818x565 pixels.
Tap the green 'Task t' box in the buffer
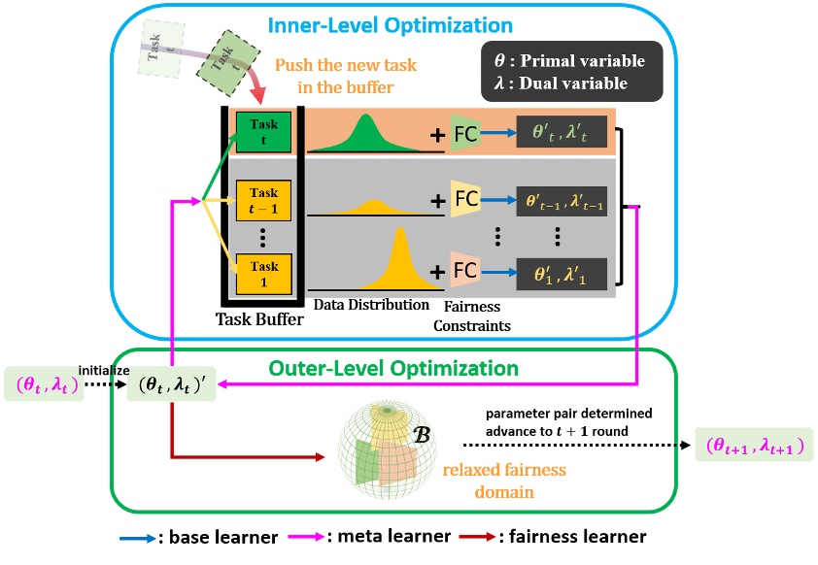pos(263,131)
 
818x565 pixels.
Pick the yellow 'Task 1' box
pos(263,273)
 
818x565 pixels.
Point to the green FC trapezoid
pos(464,134)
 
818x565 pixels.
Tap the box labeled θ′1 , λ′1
pos(562,273)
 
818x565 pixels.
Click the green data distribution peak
pos(367,130)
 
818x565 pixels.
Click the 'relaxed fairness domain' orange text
pos(505,480)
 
